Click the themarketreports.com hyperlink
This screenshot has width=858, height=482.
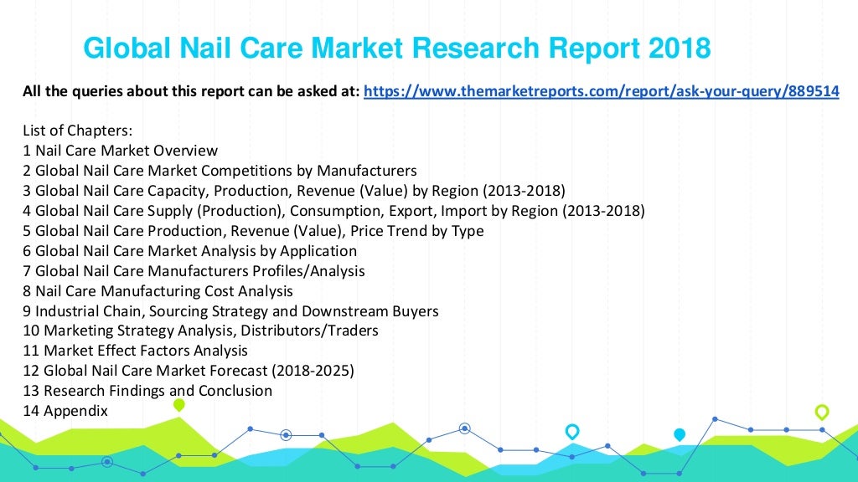(602, 92)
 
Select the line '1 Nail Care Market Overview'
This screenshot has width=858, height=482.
(121, 151)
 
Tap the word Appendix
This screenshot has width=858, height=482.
(75, 411)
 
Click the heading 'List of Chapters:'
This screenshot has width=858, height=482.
(78, 131)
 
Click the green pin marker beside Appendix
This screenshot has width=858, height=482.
(178, 405)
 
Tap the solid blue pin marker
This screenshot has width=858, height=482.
(680, 434)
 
